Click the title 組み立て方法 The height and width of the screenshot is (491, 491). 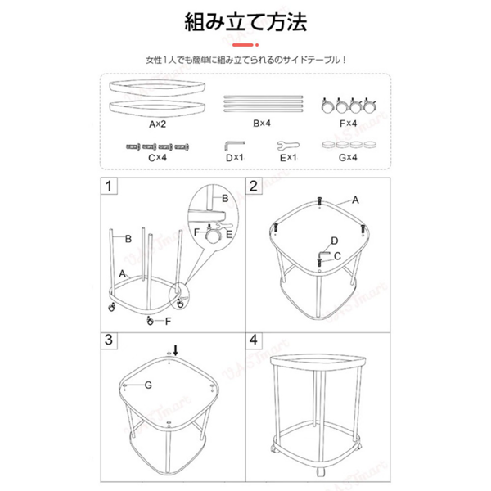tap(245, 21)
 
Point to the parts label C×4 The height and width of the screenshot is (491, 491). tap(157, 157)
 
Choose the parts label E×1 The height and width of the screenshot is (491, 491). tap(287, 157)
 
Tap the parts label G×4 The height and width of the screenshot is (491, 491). tap(349, 157)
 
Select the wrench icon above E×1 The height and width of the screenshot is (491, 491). tap(287, 144)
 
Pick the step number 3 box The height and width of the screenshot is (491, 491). tap(107, 339)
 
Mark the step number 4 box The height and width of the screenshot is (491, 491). tap(254, 339)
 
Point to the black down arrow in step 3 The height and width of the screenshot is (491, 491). tap(173, 349)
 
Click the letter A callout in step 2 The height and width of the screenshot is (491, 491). tap(354, 199)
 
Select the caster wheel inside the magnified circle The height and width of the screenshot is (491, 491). tap(214, 235)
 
